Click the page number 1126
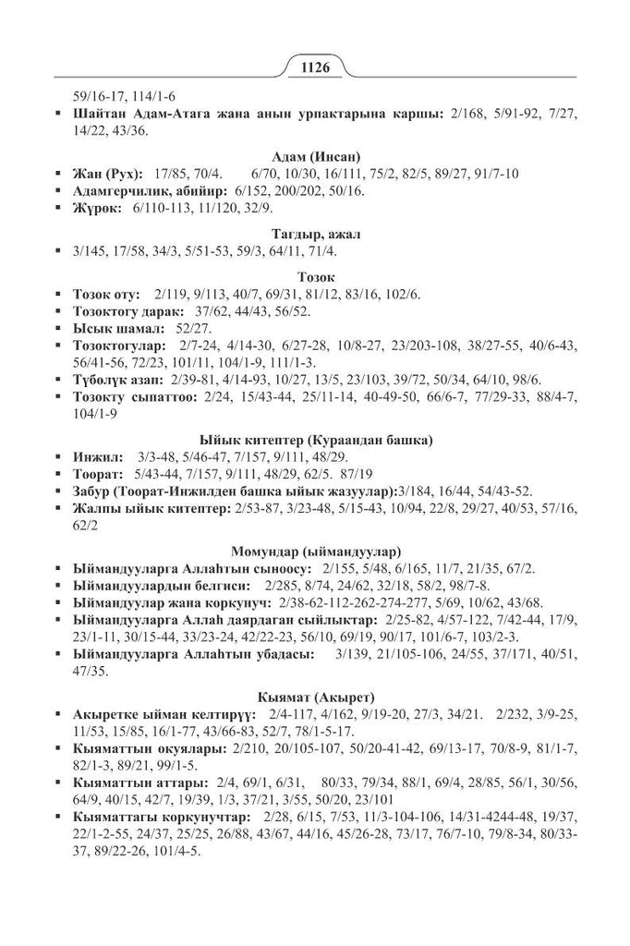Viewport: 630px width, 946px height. click(315, 67)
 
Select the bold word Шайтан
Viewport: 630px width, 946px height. click(99, 115)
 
